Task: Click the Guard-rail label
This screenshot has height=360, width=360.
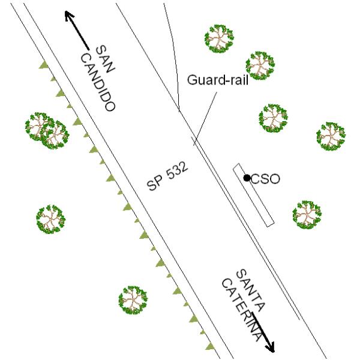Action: point(218,80)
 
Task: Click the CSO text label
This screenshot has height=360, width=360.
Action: point(265,179)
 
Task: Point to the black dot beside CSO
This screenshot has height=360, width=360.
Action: point(247,178)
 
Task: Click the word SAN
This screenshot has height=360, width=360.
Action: point(105,59)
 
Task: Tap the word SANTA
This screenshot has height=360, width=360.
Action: point(250,290)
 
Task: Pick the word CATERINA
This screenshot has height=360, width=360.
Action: point(242,310)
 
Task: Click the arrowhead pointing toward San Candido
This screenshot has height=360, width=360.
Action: point(69,16)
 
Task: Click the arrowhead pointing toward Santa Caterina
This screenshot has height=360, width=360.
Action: point(271,347)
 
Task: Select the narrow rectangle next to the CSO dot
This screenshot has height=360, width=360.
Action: point(253,195)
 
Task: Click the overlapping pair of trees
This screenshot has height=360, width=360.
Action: point(47,131)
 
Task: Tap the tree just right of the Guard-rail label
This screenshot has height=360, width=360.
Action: point(260,65)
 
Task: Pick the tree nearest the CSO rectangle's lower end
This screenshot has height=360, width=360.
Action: point(307,215)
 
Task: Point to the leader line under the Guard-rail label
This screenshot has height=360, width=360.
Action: point(205,119)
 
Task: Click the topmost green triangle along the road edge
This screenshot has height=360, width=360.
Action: point(43,65)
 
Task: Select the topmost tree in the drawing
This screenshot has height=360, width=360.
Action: point(219,39)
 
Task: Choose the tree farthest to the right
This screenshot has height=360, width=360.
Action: point(331,136)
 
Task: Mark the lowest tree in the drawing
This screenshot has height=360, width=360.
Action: point(133,301)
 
